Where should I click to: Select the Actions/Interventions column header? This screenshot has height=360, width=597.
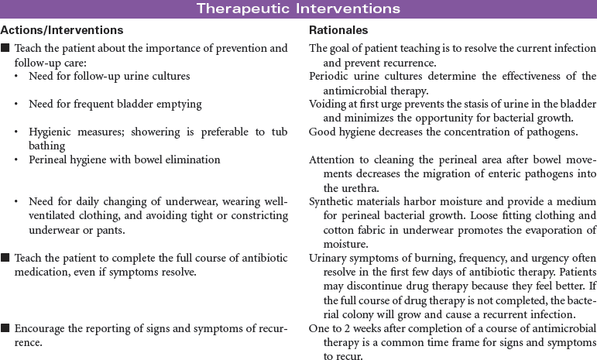tap(62, 30)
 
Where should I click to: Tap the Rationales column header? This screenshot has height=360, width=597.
tap(338, 30)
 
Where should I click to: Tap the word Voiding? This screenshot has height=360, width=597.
tap(328, 105)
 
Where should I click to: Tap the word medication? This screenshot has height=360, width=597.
tap(41, 273)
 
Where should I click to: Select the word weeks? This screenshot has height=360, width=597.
tap(357, 327)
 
